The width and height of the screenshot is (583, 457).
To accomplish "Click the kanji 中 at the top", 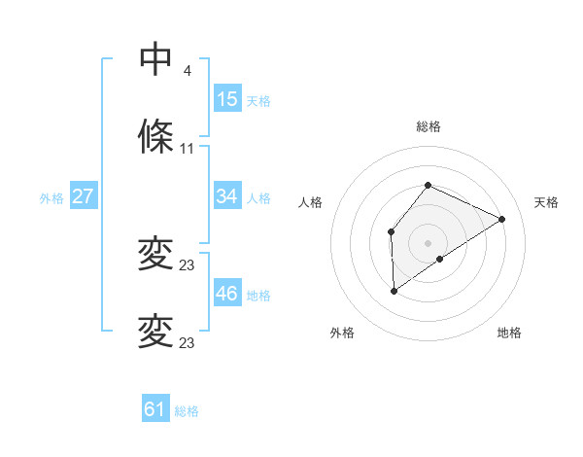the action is pyautogui.click(x=155, y=60).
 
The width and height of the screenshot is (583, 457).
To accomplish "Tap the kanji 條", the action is pyautogui.click(x=155, y=138).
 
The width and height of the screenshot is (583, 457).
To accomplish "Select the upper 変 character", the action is pyautogui.click(x=155, y=255).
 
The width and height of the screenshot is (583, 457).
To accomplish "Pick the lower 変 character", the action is pyautogui.click(x=155, y=333).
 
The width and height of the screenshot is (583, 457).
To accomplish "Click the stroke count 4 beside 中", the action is pyautogui.click(x=188, y=71).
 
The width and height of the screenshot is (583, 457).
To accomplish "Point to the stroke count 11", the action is pyautogui.click(x=188, y=149).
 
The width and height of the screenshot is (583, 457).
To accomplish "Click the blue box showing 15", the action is pyautogui.click(x=227, y=99).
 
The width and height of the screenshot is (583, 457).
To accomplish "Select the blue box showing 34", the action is pyautogui.click(x=227, y=196).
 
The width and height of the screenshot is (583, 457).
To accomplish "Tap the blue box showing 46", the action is pyautogui.click(x=227, y=294).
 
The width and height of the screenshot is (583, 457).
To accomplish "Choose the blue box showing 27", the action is pyautogui.click(x=84, y=196).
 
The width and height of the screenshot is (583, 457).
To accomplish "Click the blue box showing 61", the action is pyautogui.click(x=155, y=409).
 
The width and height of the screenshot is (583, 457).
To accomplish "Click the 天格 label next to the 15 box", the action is pyautogui.click(x=258, y=100).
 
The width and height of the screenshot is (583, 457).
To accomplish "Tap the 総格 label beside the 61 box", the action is pyautogui.click(x=187, y=411).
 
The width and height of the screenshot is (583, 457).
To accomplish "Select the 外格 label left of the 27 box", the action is pyautogui.click(x=51, y=197).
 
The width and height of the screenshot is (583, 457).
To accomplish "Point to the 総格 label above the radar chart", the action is pyautogui.click(x=429, y=126).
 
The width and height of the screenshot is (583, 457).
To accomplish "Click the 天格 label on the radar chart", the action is pyautogui.click(x=546, y=202).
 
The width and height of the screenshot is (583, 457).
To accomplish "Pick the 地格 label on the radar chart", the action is pyautogui.click(x=509, y=333).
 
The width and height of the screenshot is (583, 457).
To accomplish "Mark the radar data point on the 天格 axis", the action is pyautogui.click(x=502, y=219).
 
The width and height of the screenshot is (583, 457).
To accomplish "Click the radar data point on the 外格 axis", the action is pyautogui.click(x=394, y=290).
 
